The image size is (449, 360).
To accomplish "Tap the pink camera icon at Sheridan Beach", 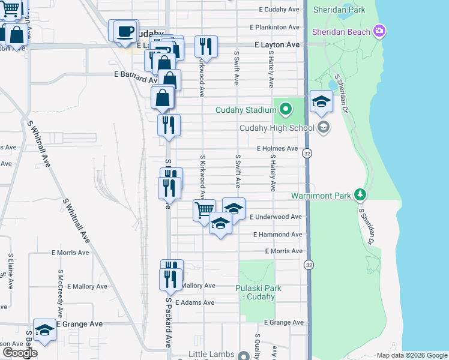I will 379,31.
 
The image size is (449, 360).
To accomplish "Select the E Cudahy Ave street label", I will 279,10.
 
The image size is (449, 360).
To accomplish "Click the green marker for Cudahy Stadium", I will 285,110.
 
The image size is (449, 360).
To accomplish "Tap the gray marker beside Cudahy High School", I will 324,127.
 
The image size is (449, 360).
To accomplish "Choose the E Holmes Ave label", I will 277,148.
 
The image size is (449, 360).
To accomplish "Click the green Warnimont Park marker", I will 360,195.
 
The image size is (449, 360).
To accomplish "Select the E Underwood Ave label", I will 276,217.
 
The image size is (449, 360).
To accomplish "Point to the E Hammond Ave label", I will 277,235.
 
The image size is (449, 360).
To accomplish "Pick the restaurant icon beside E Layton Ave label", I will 206,46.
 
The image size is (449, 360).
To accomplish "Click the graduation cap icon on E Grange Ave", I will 44,329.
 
